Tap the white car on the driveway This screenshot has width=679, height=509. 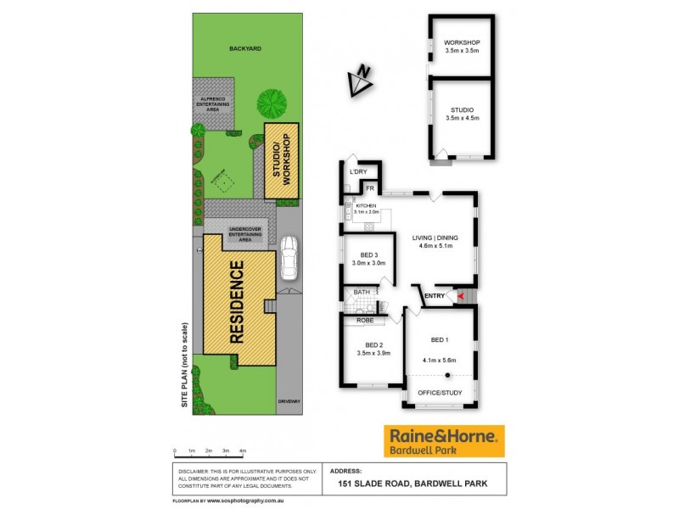point(289,258)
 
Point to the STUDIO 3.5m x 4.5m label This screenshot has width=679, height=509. point(462,113)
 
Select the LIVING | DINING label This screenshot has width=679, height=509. point(438,242)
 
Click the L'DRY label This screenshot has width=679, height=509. point(357,172)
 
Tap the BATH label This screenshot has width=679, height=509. point(362,292)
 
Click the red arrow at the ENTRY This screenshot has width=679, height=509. point(462,296)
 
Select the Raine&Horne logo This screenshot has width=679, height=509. point(444,441)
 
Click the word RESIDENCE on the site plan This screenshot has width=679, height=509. point(237,301)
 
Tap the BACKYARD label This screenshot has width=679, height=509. point(244,49)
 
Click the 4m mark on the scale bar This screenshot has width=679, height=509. point(243,450)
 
